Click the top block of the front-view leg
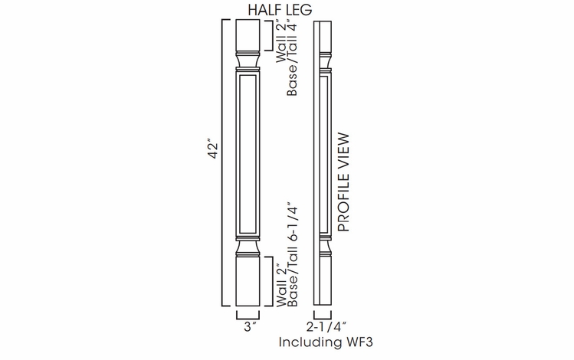pos(248,34)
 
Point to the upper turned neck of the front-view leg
pos(248,60)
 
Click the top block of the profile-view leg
pos(321,34)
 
